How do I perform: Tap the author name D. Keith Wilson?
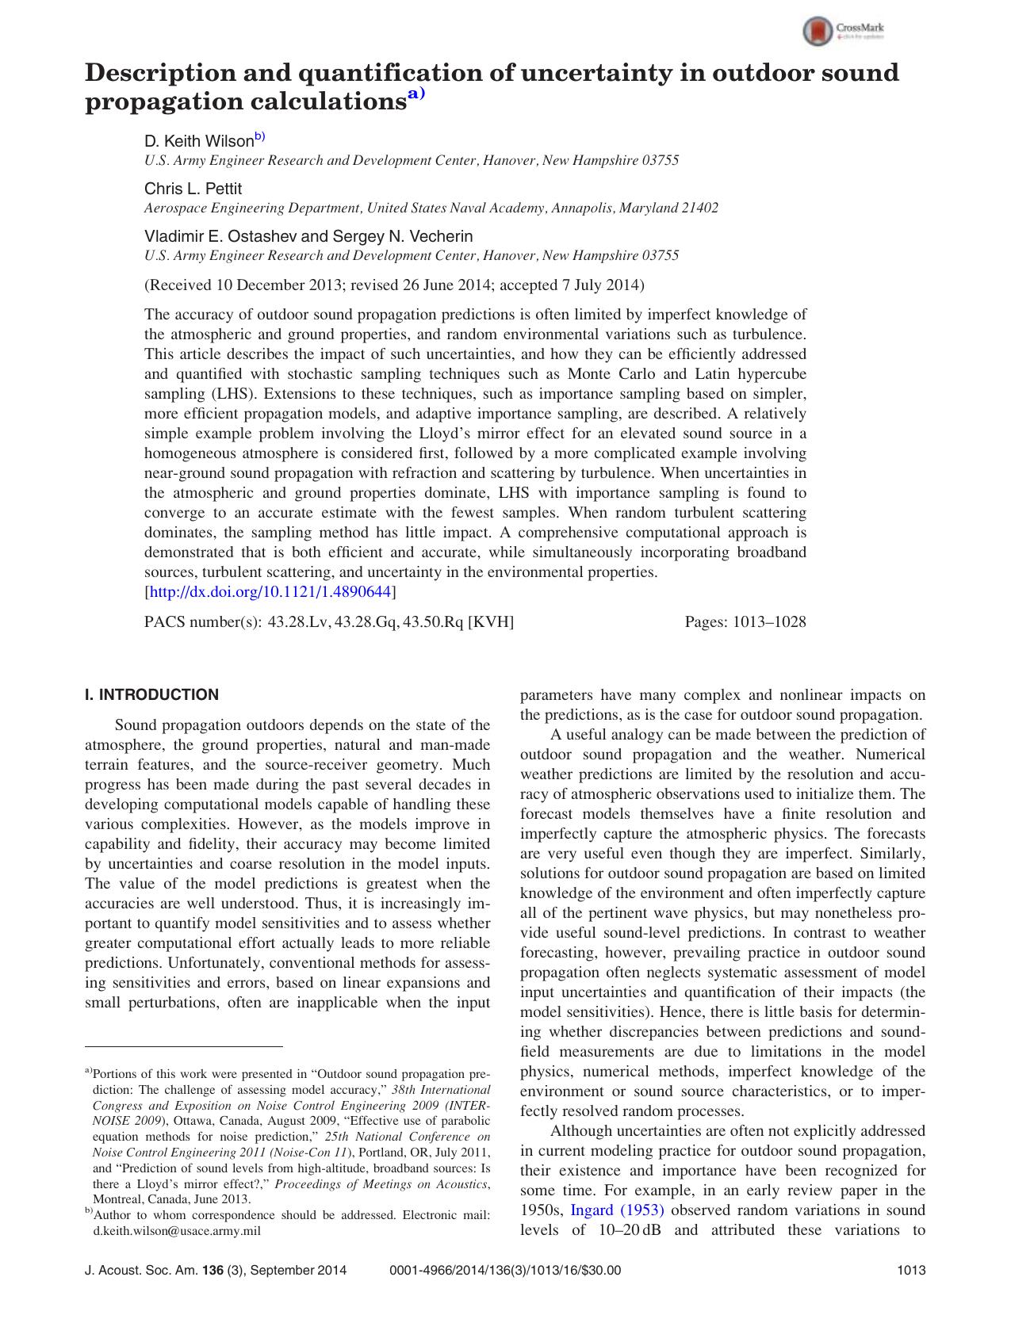click(198, 141)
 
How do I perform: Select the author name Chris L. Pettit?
click(193, 189)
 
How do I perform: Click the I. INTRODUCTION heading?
click(151, 695)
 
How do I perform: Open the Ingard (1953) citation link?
click(617, 1210)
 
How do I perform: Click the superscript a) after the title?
click(416, 95)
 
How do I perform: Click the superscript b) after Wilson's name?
click(260, 137)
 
